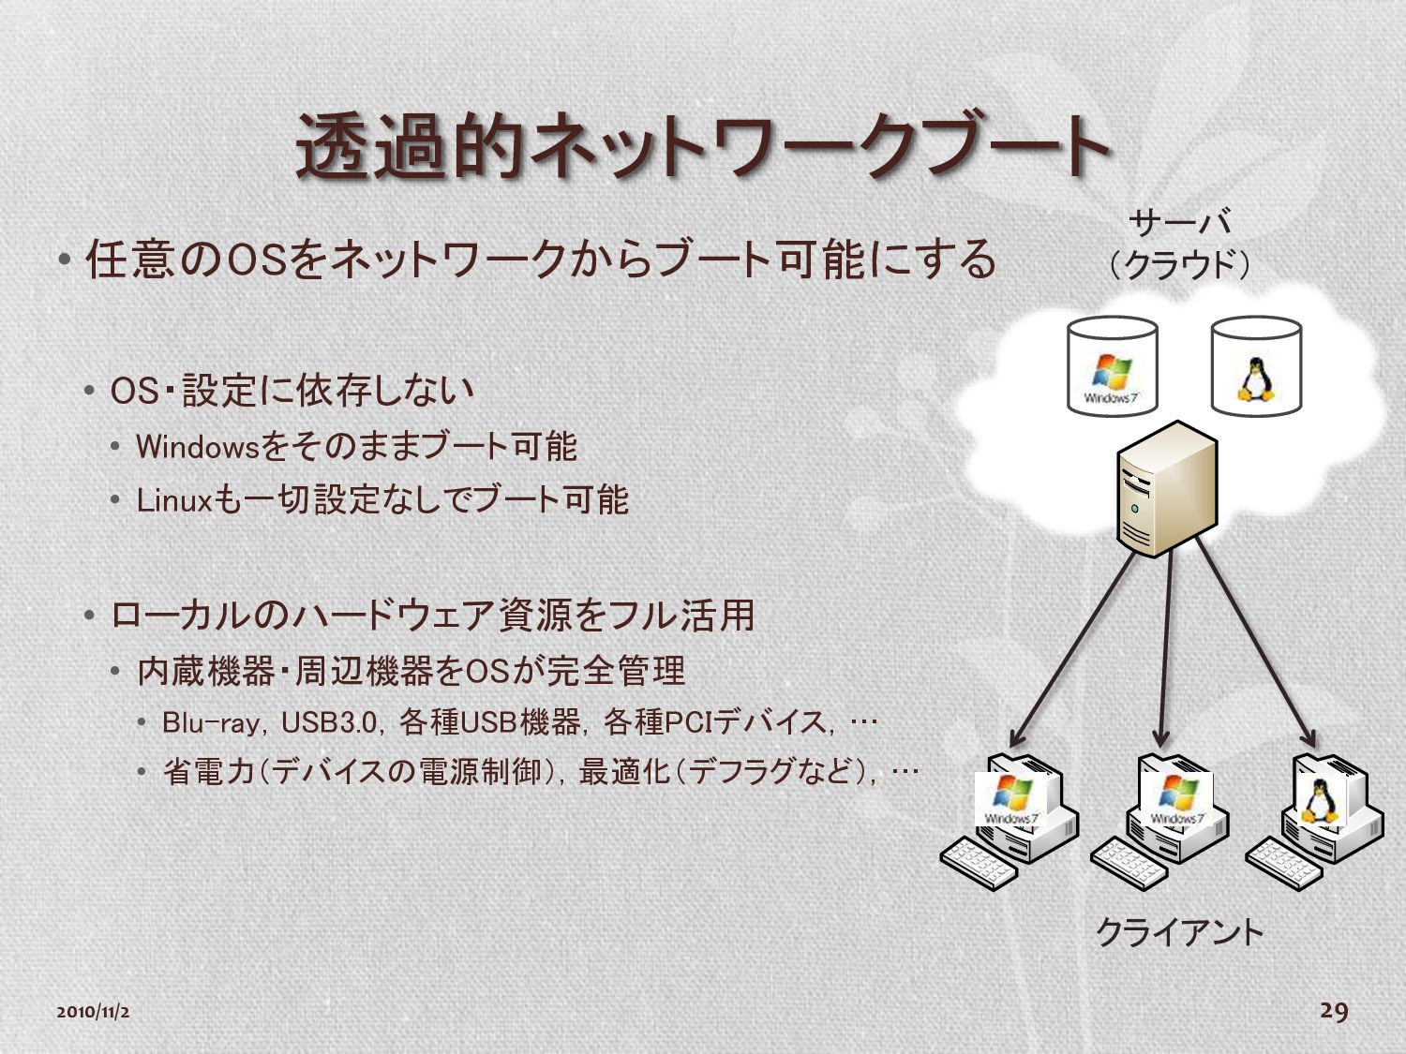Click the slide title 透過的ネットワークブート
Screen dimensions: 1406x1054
(x=703, y=147)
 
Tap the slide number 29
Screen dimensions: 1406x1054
(x=1334, y=1010)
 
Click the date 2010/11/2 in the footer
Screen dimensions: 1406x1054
(x=93, y=1012)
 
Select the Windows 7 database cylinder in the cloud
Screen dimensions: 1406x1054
(x=1113, y=366)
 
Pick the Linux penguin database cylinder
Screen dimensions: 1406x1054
(x=1256, y=366)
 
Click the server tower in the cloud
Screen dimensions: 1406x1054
(x=1166, y=488)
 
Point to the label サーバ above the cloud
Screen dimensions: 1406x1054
(x=1180, y=223)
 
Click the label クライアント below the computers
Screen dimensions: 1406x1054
(x=1180, y=932)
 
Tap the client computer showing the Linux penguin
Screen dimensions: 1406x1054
(x=1331, y=806)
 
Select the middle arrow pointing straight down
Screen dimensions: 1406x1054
(x=1165, y=646)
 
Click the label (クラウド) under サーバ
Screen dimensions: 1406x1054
(x=1180, y=265)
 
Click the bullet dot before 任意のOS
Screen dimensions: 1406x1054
(x=64, y=260)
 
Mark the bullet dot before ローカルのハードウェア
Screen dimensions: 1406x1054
(x=89, y=616)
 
